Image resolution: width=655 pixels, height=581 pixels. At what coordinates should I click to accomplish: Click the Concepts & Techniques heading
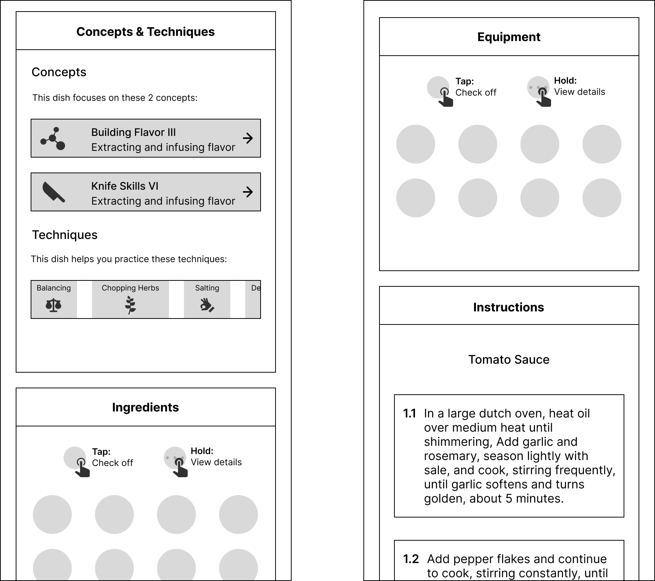point(145,32)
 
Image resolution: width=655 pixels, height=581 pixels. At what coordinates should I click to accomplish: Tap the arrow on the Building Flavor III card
point(247,138)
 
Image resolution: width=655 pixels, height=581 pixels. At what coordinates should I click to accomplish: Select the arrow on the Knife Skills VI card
point(247,192)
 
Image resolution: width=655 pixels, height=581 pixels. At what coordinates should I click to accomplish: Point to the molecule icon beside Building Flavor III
point(53,139)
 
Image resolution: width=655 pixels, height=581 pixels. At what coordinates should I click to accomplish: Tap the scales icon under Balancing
point(53,305)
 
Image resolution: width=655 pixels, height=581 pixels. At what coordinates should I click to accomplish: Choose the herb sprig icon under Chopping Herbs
point(130,305)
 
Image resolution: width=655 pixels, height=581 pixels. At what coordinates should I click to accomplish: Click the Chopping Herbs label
point(130,288)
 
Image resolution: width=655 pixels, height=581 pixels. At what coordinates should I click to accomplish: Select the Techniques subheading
point(65,235)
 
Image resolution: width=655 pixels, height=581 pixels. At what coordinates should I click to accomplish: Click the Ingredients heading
point(145,407)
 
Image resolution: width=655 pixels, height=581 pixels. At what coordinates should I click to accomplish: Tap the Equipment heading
point(509,37)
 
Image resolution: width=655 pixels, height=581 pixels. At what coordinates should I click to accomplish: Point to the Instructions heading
point(508,307)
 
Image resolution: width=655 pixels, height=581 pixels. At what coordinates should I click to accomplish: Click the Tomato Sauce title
point(509,360)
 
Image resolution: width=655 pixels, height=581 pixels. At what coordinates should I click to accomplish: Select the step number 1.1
point(409,413)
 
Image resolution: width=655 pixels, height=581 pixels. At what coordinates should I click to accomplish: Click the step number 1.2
point(410,559)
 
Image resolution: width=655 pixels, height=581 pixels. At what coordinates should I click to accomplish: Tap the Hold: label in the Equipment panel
point(565,81)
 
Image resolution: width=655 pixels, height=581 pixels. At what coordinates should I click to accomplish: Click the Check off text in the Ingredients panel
point(113,463)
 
